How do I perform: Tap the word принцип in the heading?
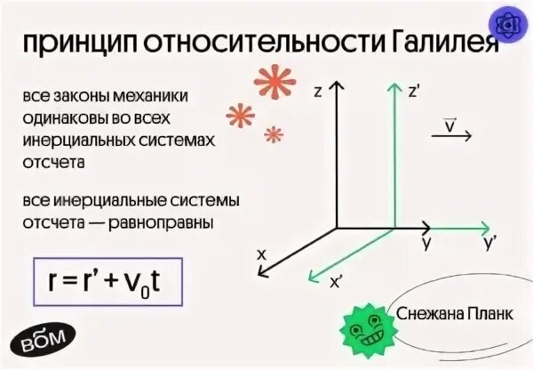pyautogui.click(x=73, y=44)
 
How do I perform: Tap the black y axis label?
pyautogui.click(x=427, y=243)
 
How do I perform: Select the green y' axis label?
pyautogui.click(x=489, y=243)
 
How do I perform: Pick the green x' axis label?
pyautogui.click(x=337, y=282)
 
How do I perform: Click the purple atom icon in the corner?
pyautogui.click(x=510, y=24)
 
